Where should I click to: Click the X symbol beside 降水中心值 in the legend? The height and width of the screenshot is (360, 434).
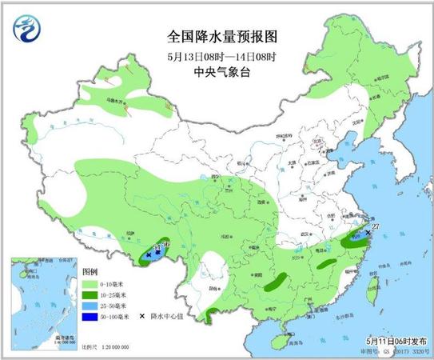142,316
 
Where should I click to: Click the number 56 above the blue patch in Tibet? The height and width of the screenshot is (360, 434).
165,243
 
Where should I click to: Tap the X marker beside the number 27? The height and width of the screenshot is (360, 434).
368,232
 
